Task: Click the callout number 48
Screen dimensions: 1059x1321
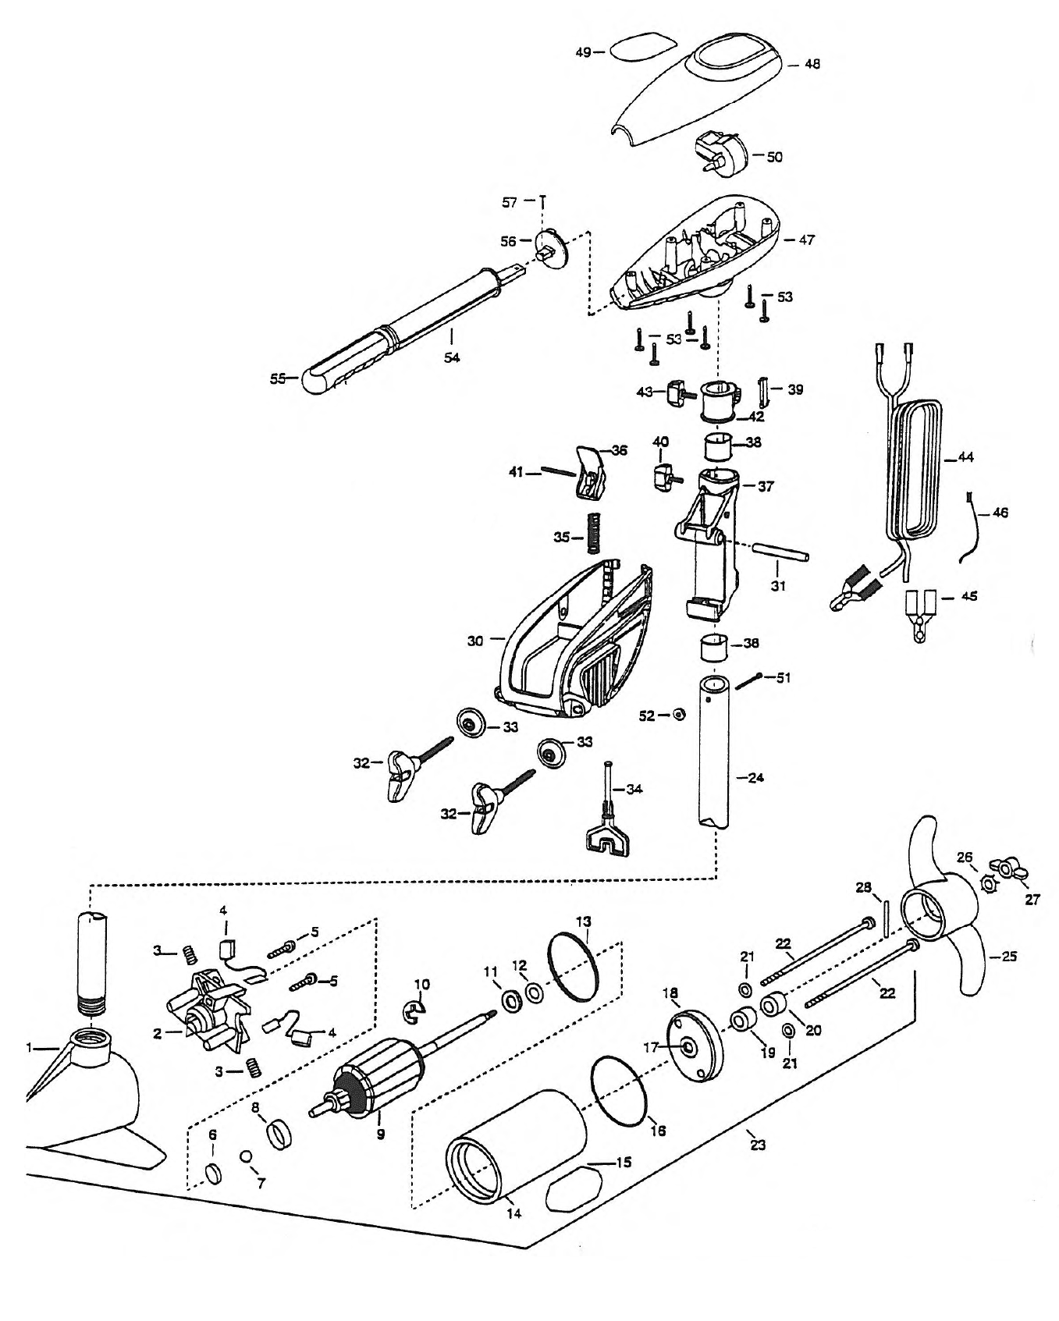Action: [812, 65]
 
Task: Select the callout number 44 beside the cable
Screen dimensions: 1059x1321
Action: [965, 458]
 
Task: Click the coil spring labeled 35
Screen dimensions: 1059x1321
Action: [594, 531]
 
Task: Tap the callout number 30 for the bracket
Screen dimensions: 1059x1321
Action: [475, 641]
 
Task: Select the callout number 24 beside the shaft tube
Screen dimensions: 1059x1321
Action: [755, 778]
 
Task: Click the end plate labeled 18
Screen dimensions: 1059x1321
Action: [695, 1047]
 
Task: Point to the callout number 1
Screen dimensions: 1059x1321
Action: [29, 1049]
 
